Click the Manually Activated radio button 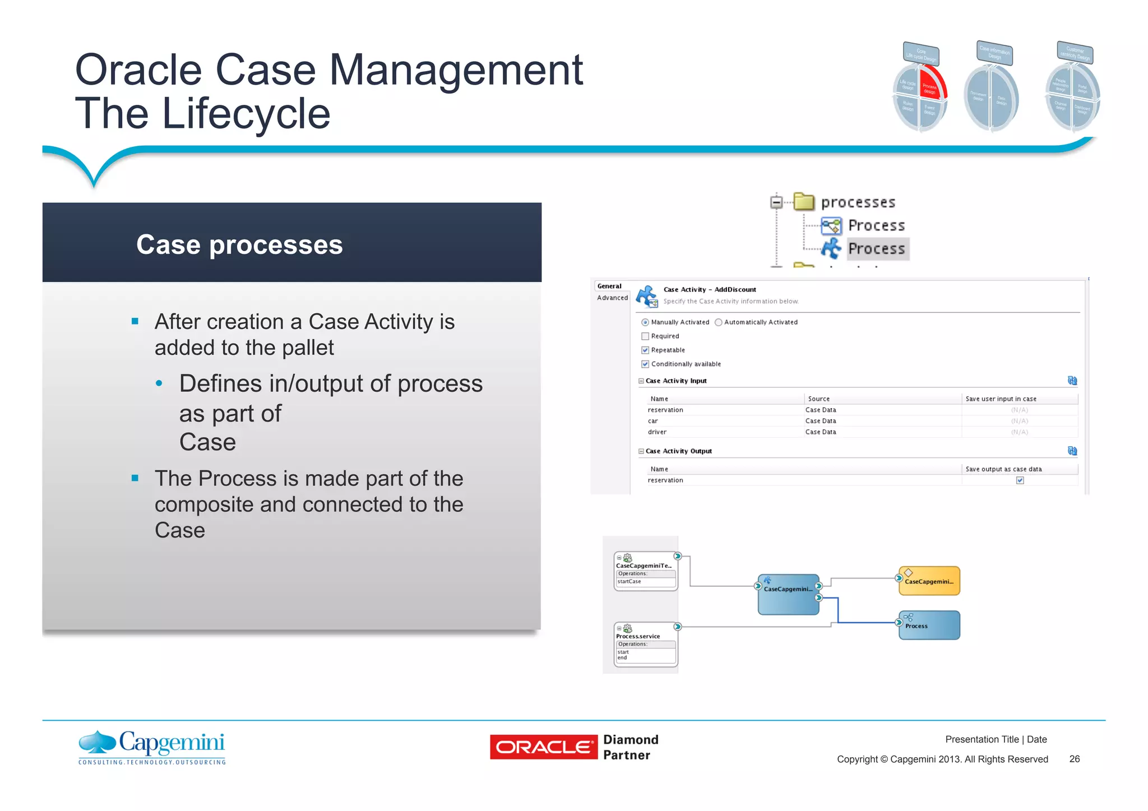click(645, 322)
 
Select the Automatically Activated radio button click(719, 322)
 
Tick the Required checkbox click(645, 336)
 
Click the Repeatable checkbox click(645, 350)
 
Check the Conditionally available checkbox click(645, 364)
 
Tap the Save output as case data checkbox click(1020, 480)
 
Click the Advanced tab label click(612, 298)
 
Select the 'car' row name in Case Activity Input click(653, 421)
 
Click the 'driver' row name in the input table click(657, 432)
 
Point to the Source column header click(819, 399)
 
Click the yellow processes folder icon click(804, 202)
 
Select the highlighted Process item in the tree click(876, 249)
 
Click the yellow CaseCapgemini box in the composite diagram click(929, 581)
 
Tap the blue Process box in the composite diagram click(929, 625)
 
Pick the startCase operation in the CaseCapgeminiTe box click(629, 582)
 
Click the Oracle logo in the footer click(544, 747)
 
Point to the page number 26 click(1074, 759)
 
